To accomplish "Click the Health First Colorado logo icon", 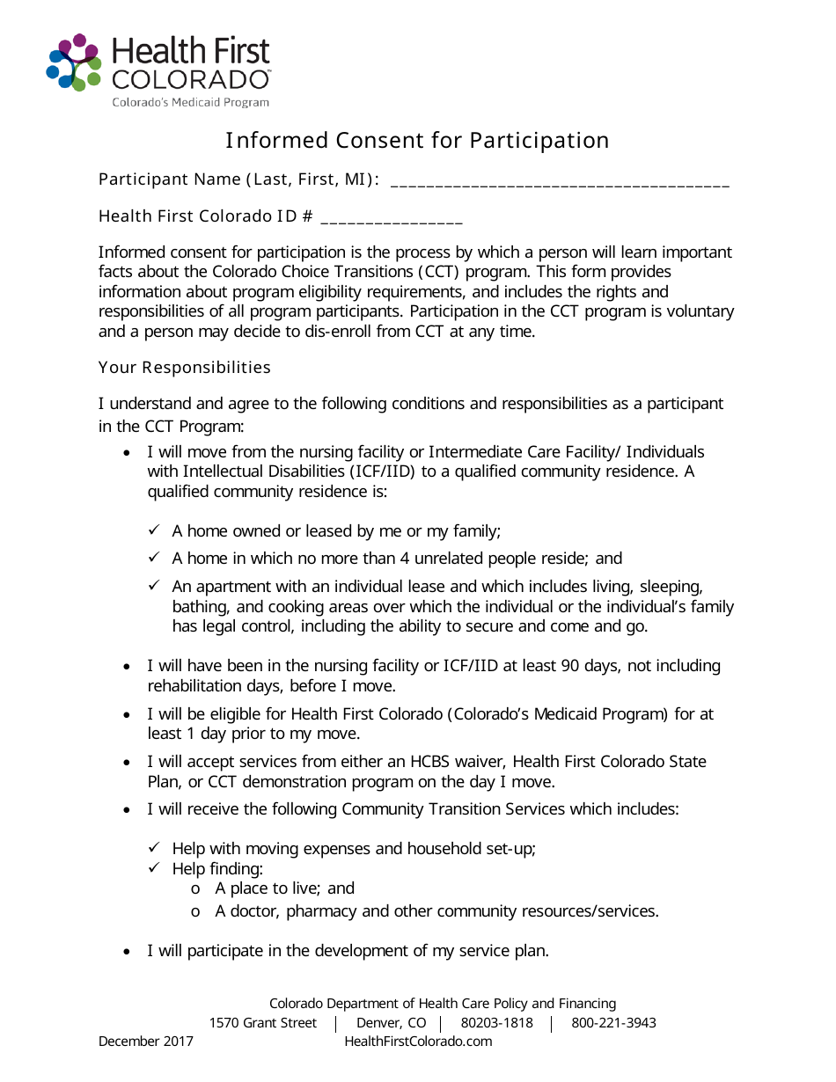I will (x=74, y=62).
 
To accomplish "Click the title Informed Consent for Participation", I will (x=417, y=141).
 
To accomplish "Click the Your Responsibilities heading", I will (x=185, y=367).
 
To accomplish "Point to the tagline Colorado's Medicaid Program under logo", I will (x=190, y=103).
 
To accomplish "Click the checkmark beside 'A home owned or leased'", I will (x=154, y=530).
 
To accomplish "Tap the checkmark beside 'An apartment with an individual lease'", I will (x=154, y=585).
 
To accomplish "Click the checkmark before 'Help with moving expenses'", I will (x=154, y=848).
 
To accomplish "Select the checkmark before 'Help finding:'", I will (x=154, y=868).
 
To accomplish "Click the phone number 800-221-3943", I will (x=613, y=1023).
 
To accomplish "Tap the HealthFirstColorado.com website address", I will (x=418, y=1042).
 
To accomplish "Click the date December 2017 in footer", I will (x=146, y=1042).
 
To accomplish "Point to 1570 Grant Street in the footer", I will (x=262, y=1023).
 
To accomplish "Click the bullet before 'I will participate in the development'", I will (x=128, y=952).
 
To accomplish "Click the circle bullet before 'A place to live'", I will (x=195, y=889).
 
